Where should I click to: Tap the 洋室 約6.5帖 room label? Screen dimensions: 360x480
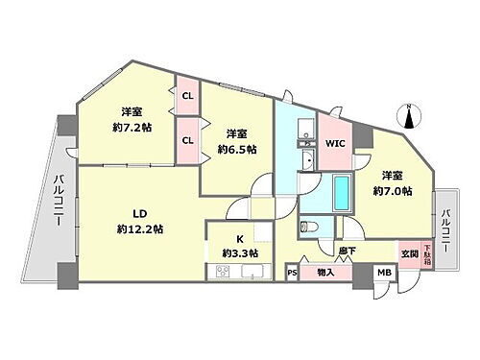[236, 142]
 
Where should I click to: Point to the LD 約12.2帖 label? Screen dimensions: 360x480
[138, 221]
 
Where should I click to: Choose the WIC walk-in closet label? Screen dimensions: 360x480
[334, 144]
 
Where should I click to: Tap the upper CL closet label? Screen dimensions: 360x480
[186, 96]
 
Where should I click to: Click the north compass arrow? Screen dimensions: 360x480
[409, 117]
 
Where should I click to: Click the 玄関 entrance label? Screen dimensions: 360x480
[408, 252]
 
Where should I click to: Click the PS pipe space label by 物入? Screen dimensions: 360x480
[292, 274]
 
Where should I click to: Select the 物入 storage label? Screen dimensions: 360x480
[324, 274]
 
